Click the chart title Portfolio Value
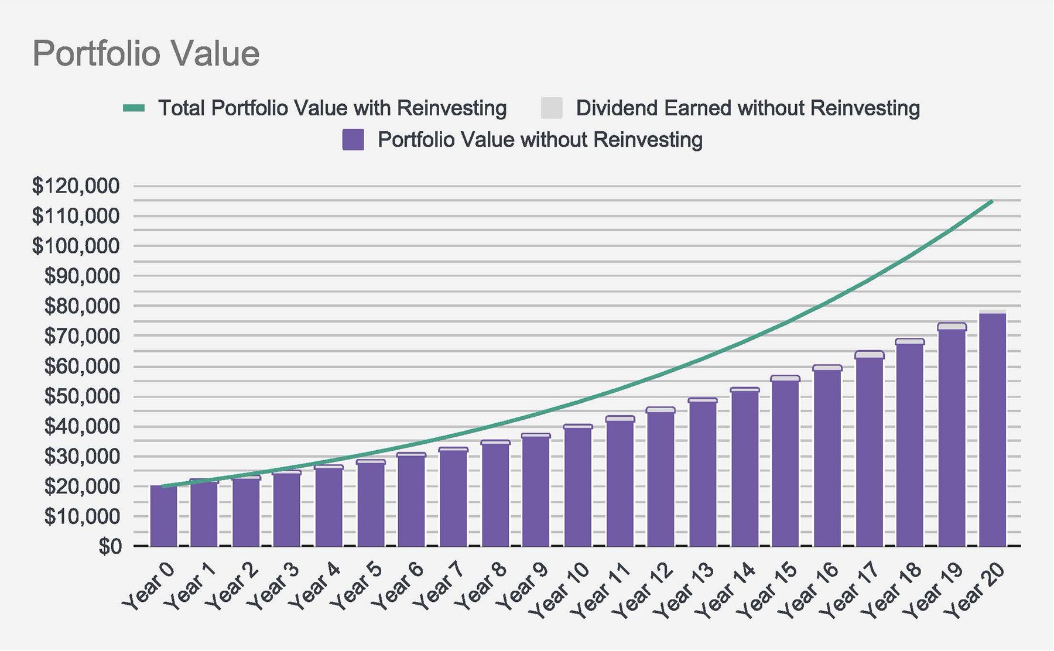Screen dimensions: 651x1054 (146, 54)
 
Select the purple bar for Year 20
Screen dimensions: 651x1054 (993, 430)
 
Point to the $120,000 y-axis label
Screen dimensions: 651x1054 (76, 186)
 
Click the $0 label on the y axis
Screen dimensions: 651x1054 (109, 547)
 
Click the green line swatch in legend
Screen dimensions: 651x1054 (134, 108)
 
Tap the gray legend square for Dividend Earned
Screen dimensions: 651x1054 (551, 108)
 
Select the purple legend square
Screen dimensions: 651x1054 (353, 140)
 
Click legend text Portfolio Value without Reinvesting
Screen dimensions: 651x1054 (540, 140)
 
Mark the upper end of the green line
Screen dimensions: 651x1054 (992, 201)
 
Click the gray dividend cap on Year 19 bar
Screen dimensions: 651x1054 (952, 326)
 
